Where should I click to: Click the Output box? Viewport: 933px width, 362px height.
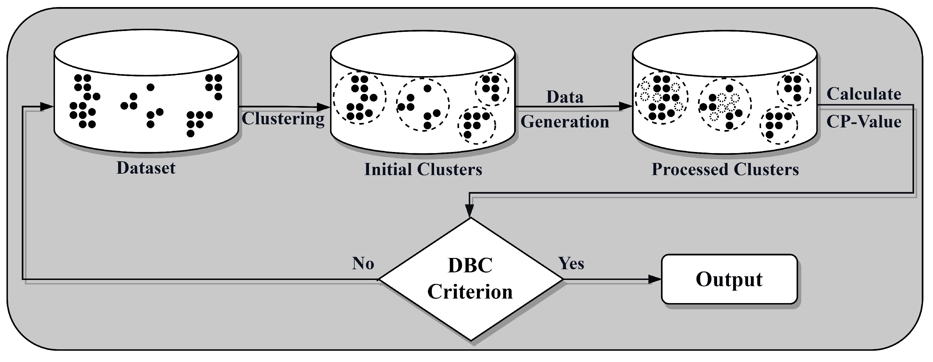[x=729, y=279]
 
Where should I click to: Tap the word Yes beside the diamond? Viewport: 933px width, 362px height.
[x=571, y=263]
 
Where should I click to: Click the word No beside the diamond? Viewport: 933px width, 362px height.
[x=363, y=263]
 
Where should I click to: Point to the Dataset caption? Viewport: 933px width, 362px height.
[x=146, y=168]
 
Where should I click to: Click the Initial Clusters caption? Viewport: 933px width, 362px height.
[x=423, y=169]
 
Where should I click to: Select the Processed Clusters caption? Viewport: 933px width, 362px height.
[x=725, y=169]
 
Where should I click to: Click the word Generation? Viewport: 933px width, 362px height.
[x=565, y=122]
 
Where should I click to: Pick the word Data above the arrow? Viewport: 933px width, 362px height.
[x=565, y=97]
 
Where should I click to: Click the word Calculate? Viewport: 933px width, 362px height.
[x=864, y=94]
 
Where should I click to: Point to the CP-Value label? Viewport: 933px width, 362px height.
[x=864, y=122]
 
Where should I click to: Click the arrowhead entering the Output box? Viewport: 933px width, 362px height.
[x=655, y=279]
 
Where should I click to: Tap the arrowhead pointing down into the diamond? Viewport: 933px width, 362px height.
[x=469, y=211]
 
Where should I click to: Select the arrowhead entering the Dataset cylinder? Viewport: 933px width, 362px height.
[x=47, y=107]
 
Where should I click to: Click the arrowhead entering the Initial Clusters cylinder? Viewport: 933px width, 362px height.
[x=323, y=107]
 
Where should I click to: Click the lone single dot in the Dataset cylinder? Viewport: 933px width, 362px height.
[x=150, y=87]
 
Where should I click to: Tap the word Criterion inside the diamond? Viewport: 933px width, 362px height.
[x=470, y=292]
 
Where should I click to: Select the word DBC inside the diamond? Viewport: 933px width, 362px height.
[x=470, y=266]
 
